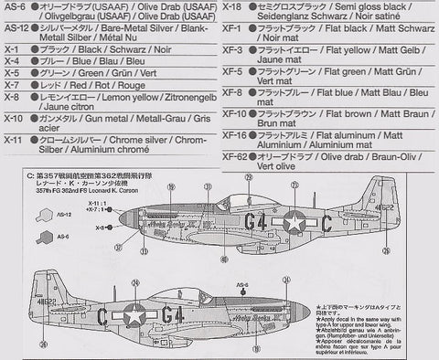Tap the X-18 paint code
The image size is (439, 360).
[x=233, y=6]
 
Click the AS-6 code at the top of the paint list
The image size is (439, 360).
[x=13, y=6]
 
